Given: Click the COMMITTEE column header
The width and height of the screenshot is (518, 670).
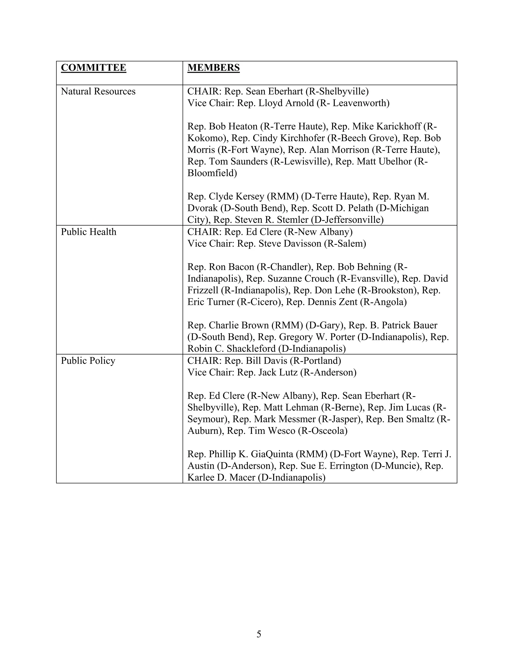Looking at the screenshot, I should pos(93,68).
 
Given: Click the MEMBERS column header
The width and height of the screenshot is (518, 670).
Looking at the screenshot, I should pos(213,68).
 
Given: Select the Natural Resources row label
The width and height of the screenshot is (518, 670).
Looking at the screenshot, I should pos(98,92).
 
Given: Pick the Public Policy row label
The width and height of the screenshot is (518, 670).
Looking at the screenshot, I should pos(88,361).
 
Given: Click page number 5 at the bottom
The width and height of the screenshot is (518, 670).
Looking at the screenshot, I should pos(259,634).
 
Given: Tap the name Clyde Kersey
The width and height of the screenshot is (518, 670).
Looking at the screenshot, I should pos(236,197).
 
